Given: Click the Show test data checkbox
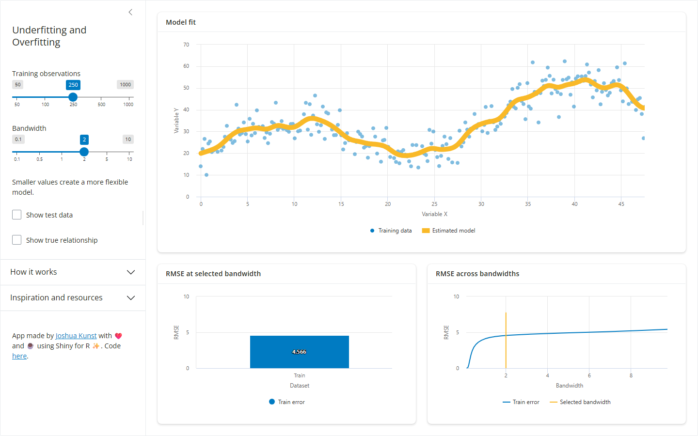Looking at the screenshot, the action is click(17, 215).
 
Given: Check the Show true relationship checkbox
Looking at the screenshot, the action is click(17, 240).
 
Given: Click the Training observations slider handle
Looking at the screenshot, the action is click(73, 97).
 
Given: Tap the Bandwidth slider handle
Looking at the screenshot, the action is click(84, 152).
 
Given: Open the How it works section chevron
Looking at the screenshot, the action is click(131, 272).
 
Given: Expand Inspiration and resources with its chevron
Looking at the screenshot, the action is click(131, 298).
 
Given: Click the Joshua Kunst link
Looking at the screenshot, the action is click(76, 336).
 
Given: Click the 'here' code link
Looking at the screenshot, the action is click(19, 356).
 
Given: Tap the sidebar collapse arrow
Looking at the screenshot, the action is click(130, 12).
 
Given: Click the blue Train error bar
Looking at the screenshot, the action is click(300, 352).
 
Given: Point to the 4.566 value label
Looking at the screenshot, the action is click(299, 352).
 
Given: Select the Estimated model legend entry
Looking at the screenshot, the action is click(449, 231).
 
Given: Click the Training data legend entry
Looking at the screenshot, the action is click(391, 231).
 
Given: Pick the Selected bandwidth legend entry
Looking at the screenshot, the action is click(580, 402).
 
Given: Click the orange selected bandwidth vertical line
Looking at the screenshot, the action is click(506, 341).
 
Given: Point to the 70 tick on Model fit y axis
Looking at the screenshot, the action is click(186, 45).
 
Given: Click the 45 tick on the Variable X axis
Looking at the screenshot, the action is click(621, 204).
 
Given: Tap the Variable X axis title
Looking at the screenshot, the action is click(434, 214).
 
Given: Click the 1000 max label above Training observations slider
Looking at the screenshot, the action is click(125, 84).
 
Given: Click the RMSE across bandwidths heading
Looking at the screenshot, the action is click(477, 273).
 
